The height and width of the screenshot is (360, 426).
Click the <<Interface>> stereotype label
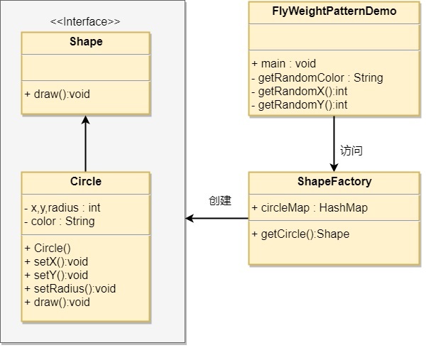tap(85, 22)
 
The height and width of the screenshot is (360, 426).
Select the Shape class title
tap(86, 42)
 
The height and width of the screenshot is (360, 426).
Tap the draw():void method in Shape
tap(57, 94)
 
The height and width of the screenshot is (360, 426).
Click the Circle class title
tap(86, 181)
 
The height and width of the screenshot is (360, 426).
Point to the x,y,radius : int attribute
tap(62, 208)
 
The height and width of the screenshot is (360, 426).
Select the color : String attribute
tap(60, 221)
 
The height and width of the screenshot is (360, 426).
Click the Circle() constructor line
tap(48, 248)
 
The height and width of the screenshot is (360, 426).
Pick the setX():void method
tap(56, 261)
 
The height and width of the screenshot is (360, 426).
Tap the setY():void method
tap(56, 276)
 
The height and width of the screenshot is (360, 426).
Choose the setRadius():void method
tap(70, 288)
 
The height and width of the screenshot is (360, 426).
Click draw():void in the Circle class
tap(57, 302)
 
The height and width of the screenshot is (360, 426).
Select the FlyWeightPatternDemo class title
tap(334, 11)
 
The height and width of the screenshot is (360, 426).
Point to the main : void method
tap(283, 64)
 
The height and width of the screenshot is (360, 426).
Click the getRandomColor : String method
tap(317, 77)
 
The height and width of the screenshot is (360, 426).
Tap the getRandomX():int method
tap(300, 92)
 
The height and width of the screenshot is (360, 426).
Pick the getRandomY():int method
tap(300, 105)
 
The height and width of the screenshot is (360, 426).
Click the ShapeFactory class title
tap(334, 181)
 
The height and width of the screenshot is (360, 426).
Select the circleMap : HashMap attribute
tap(310, 208)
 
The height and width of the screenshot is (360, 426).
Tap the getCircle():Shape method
tap(300, 234)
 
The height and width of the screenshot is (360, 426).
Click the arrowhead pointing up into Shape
tap(86, 120)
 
